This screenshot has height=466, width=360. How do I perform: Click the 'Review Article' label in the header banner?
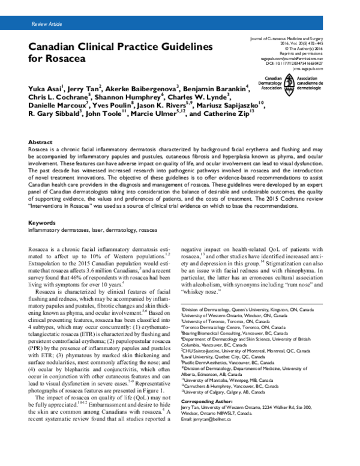[x=47, y=23]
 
